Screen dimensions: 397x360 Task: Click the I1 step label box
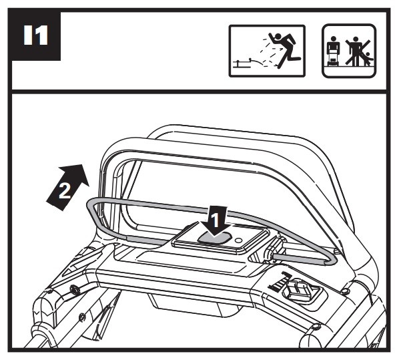coord(36,35)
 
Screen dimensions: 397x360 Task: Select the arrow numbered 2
coord(68,187)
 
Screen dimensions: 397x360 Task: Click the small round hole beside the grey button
coord(239,240)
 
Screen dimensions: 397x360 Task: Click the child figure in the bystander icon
coord(368,59)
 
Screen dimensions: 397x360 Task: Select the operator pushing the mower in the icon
coord(333,51)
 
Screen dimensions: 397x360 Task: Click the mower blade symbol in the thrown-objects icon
coord(242,63)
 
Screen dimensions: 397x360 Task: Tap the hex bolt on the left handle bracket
coord(74,289)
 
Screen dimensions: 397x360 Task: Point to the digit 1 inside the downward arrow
coord(215,220)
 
